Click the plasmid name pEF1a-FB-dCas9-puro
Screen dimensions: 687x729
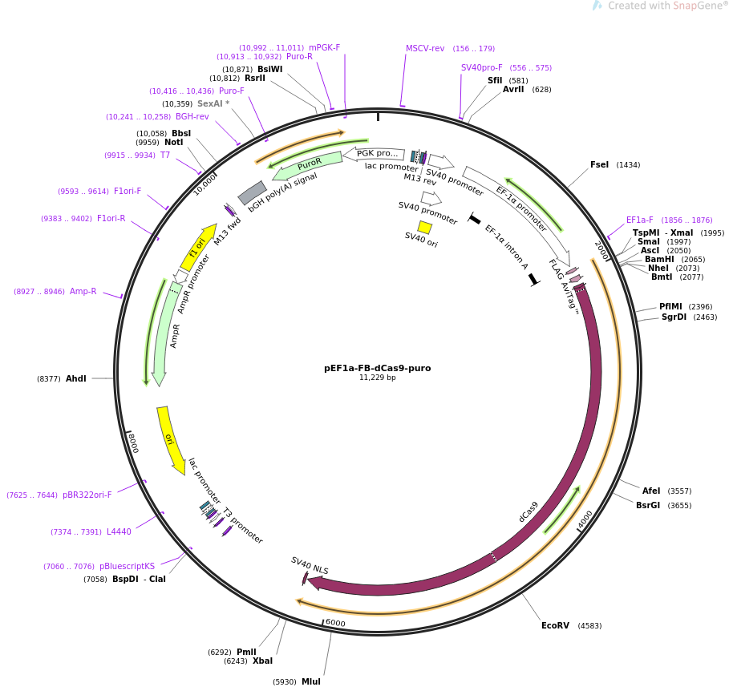click(x=377, y=368)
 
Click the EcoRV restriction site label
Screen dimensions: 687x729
click(x=555, y=625)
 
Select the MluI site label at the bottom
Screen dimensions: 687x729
click(x=310, y=681)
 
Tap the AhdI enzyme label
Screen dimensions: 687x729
click(x=75, y=378)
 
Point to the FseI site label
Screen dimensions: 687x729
click(x=599, y=164)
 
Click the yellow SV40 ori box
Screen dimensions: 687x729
click(x=425, y=228)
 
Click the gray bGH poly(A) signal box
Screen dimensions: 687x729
click(x=252, y=192)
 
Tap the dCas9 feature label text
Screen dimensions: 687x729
click(x=529, y=512)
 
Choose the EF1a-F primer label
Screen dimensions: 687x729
click(x=639, y=220)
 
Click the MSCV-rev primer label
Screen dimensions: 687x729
click(x=425, y=48)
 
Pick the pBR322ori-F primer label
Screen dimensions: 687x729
click(x=87, y=495)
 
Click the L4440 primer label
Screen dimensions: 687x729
click(x=119, y=531)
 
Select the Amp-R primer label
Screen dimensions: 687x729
click(x=83, y=291)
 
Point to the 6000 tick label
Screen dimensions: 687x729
click(x=335, y=623)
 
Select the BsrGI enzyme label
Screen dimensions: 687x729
click(x=647, y=505)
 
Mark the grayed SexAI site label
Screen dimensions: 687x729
click(x=209, y=103)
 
